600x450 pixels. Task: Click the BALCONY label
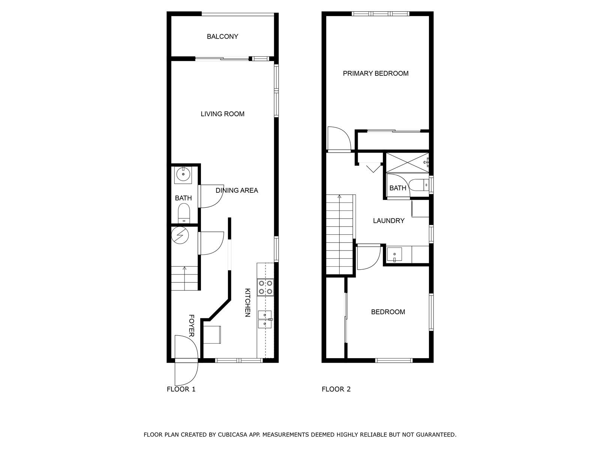coord(222,37)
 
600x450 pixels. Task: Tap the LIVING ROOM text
coord(222,114)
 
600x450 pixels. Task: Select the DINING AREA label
coord(237,190)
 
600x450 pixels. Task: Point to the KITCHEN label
coord(247,303)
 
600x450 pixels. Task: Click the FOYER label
coord(192,325)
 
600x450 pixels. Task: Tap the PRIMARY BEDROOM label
coord(376,73)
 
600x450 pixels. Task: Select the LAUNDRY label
coord(389,221)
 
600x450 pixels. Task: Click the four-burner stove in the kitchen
coord(265,287)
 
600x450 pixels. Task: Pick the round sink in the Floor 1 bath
coord(183,174)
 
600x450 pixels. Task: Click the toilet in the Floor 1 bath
coord(184,213)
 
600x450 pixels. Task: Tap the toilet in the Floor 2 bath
coord(419,185)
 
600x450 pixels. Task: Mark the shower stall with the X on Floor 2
coord(407,163)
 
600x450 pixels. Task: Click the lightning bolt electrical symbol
coord(180,235)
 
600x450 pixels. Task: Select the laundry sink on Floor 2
coord(394,254)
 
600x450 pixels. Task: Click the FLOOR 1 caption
coord(181,389)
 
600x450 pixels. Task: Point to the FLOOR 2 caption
coord(336,389)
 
